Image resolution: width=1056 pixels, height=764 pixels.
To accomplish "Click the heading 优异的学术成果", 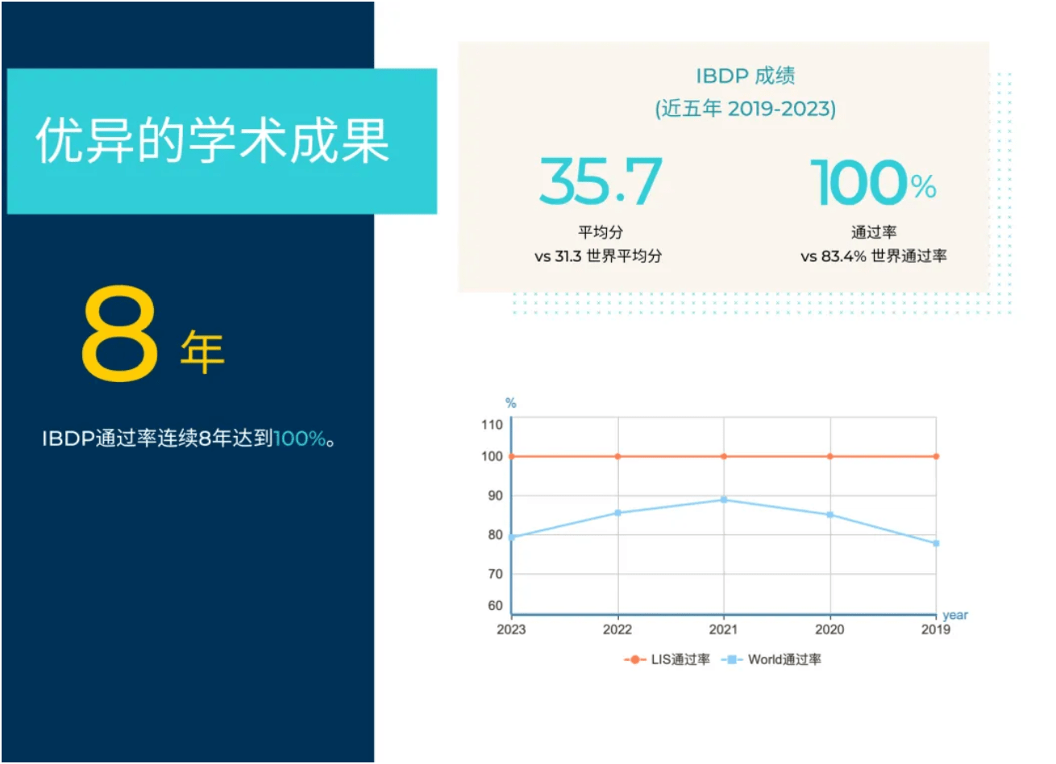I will click(x=213, y=142).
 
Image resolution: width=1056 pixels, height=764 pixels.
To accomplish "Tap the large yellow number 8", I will click(x=119, y=334).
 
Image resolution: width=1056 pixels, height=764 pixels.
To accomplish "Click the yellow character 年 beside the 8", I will click(x=202, y=351).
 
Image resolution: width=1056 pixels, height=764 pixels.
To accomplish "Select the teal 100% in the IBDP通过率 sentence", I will click(x=300, y=439).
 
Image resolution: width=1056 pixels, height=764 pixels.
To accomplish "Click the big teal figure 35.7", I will click(x=601, y=182).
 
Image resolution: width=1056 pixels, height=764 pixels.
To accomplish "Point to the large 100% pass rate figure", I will click(x=873, y=183).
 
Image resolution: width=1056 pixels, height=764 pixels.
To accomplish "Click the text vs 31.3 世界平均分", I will click(x=598, y=256).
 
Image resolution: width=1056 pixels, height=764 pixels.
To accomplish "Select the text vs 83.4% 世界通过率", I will click(x=874, y=256).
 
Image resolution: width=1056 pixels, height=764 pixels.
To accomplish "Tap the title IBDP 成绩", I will click(x=746, y=76).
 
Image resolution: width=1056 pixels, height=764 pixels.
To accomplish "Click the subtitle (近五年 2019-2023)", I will click(x=746, y=109).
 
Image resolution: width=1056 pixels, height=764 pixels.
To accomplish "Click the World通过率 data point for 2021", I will click(x=724, y=500).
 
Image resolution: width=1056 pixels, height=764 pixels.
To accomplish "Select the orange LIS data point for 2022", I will click(x=618, y=456).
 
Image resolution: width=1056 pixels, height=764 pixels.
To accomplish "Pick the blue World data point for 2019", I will click(x=936, y=543).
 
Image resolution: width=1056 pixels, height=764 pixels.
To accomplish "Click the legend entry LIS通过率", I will click(x=667, y=659).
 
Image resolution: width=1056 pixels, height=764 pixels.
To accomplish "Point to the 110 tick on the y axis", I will click(x=492, y=425).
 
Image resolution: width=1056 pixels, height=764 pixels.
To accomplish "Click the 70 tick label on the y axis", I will click(x=495, y=574).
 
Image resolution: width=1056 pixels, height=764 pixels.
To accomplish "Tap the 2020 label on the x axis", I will click(x=829, y=629).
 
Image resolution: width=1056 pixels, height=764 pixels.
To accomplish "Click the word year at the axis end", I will click(x=955, y=615).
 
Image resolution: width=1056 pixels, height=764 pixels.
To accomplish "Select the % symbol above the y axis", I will click(x=510, y=403).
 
